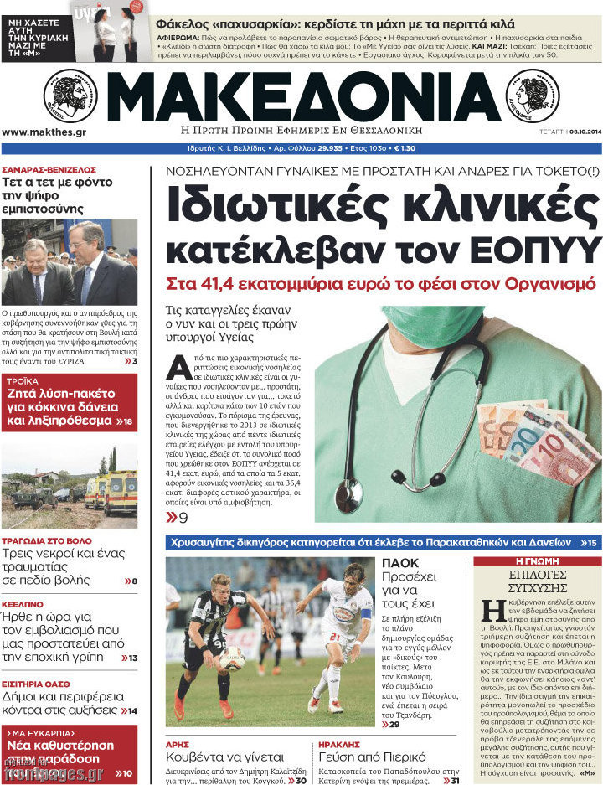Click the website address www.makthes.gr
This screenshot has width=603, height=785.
pos(44,132)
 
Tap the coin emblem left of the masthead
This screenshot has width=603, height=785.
pos(70,96)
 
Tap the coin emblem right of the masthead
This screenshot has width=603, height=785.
pos(533,96)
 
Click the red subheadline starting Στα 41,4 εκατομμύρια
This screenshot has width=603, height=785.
pos(380,283)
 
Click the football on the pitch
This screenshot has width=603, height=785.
pos(232,658)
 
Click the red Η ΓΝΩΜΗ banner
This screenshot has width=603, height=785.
pos(537,561)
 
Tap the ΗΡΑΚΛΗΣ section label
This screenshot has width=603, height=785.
pos(340,743)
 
